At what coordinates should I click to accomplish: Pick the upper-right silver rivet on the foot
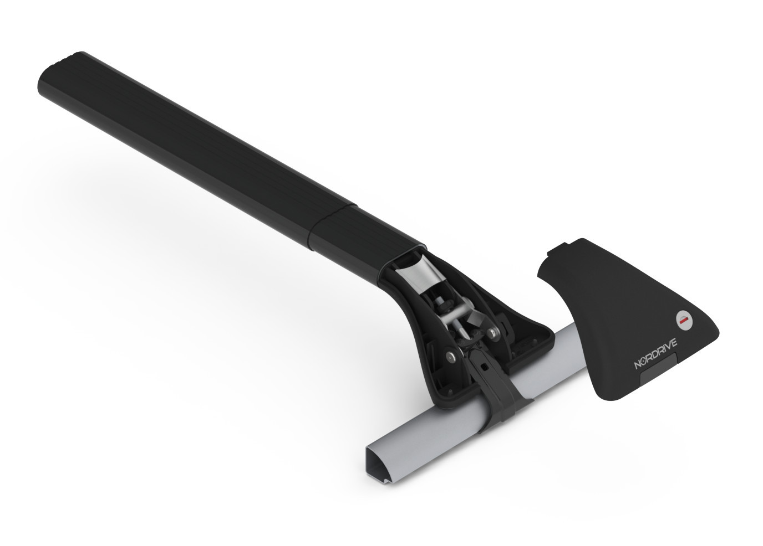pos(493,332)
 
